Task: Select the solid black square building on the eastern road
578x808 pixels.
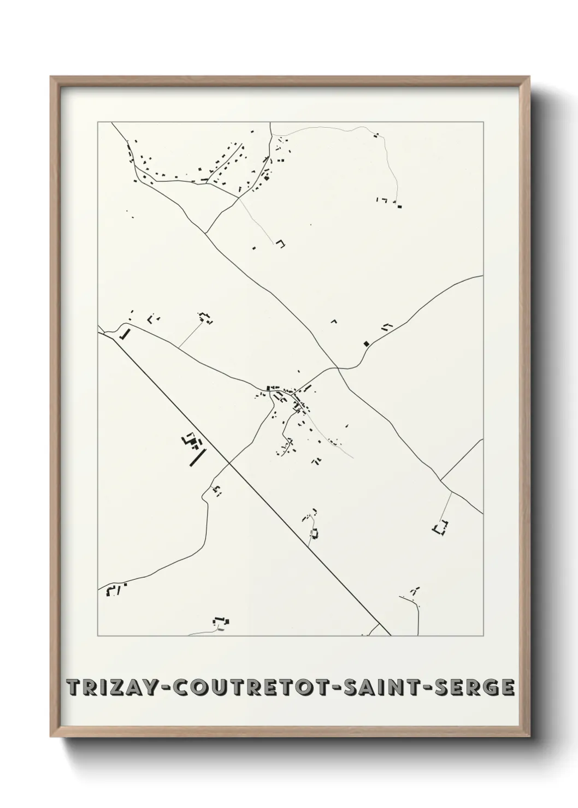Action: pyautogui.click(x=366, y=343)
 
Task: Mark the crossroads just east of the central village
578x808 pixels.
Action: pyautogui.click(x=338, y=369)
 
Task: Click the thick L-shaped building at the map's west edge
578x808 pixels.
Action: pyautogui.click(x=126, y=334)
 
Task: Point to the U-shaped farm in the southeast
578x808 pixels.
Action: pyautogui.click(x=440, y=528)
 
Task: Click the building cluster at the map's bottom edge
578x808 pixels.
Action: pyautogui.click(x=221, y=621)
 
